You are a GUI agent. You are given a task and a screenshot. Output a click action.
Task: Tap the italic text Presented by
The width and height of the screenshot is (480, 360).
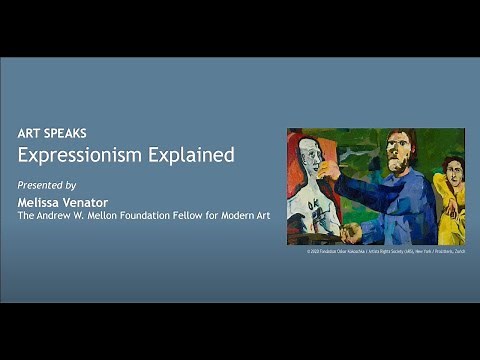coord(47,185)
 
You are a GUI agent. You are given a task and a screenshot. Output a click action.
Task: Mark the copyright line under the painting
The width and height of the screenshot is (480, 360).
coord(385,251)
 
